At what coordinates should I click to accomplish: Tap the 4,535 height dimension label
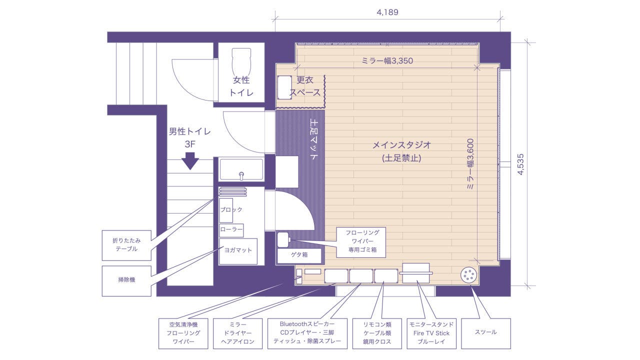point(520,164)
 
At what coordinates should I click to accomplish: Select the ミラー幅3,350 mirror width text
point(387,61)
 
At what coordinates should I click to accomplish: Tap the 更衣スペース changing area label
point(304,86)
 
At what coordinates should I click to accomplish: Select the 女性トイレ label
point(241,86)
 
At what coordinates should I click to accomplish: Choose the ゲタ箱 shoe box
point(299,255)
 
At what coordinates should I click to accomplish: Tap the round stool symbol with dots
point(469,275)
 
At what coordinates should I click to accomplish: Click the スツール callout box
point(485,332)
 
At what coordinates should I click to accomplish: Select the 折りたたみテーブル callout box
point(126,244)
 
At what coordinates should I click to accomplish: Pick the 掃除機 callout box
point(126,280)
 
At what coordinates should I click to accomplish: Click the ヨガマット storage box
point(238,251)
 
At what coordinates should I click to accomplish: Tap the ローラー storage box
point(231,230)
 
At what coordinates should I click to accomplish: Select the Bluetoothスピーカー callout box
point(307,333)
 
